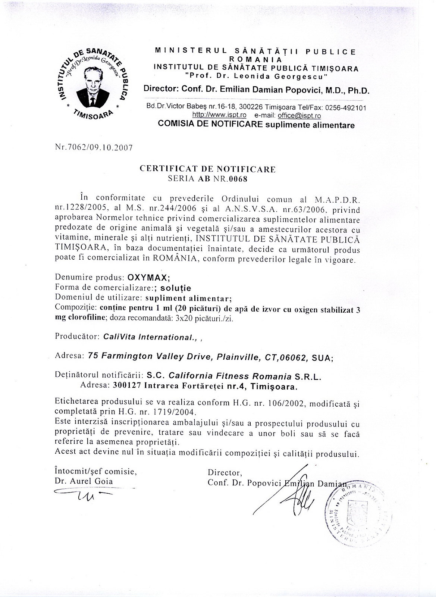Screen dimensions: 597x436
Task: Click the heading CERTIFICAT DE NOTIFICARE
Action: [x=208, y=169]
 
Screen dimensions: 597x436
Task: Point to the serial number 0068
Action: [x=238, y=178]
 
